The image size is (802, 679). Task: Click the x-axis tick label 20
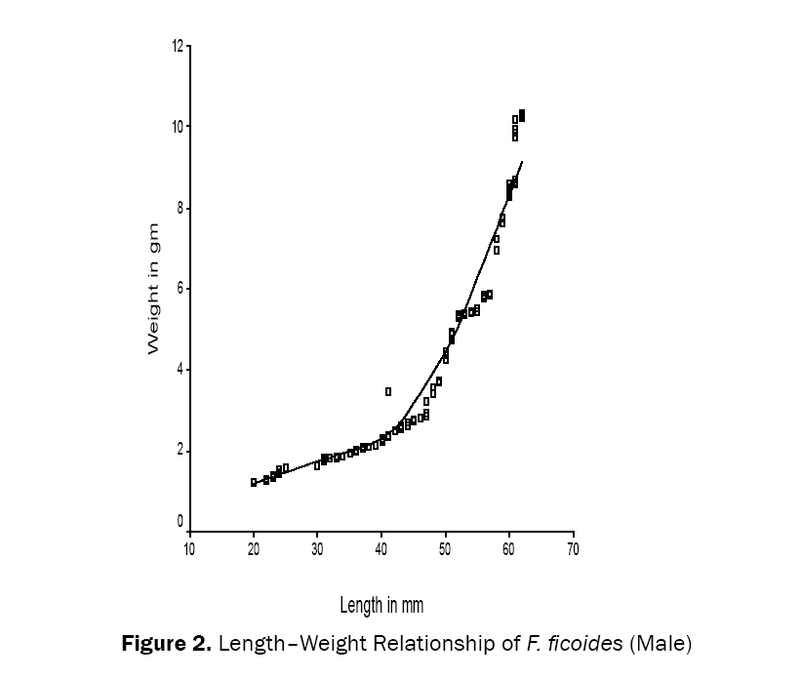click(254, 548)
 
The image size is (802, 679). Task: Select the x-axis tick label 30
click(317, 548)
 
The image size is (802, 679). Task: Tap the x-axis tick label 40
click(381, 548)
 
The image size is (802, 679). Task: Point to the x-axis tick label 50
click(445, 548)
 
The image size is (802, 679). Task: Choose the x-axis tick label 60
click(509, 548)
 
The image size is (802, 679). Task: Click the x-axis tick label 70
click(573, 548)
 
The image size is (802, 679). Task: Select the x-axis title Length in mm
click(381, 606)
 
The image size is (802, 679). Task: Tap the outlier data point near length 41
click(388, 391)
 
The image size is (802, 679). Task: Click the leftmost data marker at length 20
click(254, 482)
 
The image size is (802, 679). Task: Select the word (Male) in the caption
click(661, 645)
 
